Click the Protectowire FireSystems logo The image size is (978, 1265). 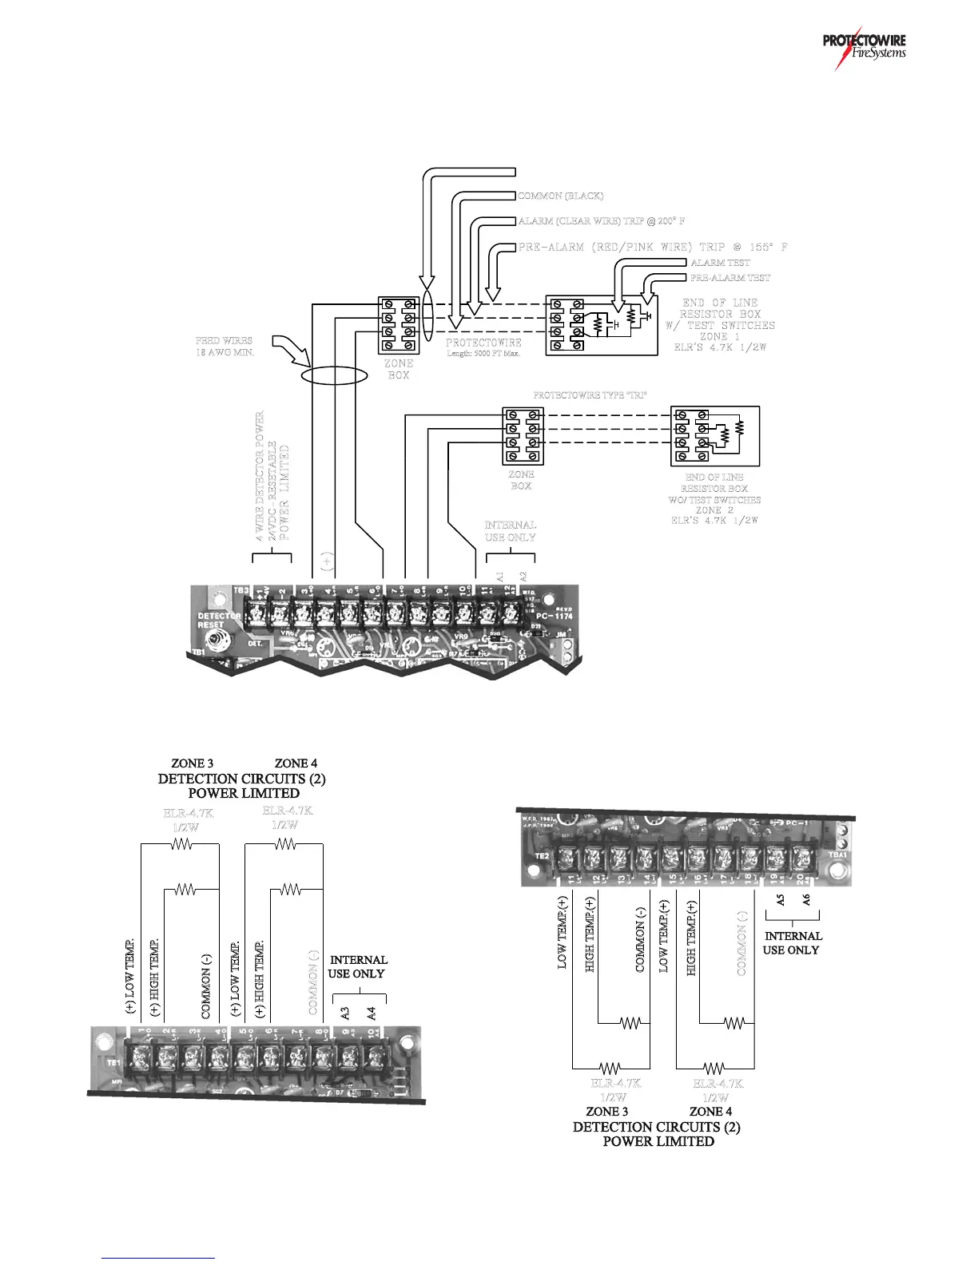(864, 48)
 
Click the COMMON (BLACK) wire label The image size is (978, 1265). (561, 196)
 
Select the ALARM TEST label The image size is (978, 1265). (720, 263)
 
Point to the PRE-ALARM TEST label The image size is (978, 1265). (730, 278)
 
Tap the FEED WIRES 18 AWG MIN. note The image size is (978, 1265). (225, 347)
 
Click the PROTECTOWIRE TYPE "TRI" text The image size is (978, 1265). (590, 395)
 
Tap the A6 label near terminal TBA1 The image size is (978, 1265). (807, 899)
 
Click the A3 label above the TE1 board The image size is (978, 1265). (345, 1013)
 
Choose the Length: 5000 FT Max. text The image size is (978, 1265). (483, 354)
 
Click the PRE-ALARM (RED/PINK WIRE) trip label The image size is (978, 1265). (653, 248)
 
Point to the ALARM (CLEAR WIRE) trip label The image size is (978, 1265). (602, 221)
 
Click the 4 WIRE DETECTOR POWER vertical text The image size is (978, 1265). (260, 477)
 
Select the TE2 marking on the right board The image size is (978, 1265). (542, 856)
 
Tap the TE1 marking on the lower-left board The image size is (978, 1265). (113, 1063)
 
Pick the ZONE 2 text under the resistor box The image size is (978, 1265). (714, 510)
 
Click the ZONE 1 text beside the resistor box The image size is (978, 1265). (720, 336)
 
